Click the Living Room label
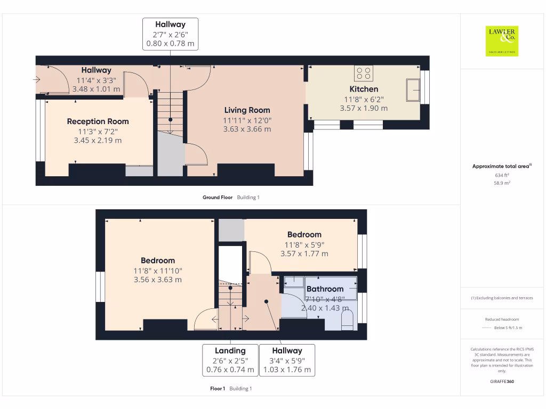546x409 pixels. [247, 110]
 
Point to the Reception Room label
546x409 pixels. [98, 121]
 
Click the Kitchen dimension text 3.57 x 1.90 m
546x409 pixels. [364, 108]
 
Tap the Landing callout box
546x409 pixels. [230, 360]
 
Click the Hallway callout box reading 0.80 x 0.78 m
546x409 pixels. [170, 34]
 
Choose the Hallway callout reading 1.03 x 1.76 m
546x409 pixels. [287, 360]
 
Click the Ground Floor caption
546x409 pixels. [218, 197]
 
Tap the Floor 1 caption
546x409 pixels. [218, 389]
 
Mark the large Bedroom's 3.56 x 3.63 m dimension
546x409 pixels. [158, 280]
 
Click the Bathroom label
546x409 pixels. [325, 289]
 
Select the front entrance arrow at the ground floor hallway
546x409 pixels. [36, 80]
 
